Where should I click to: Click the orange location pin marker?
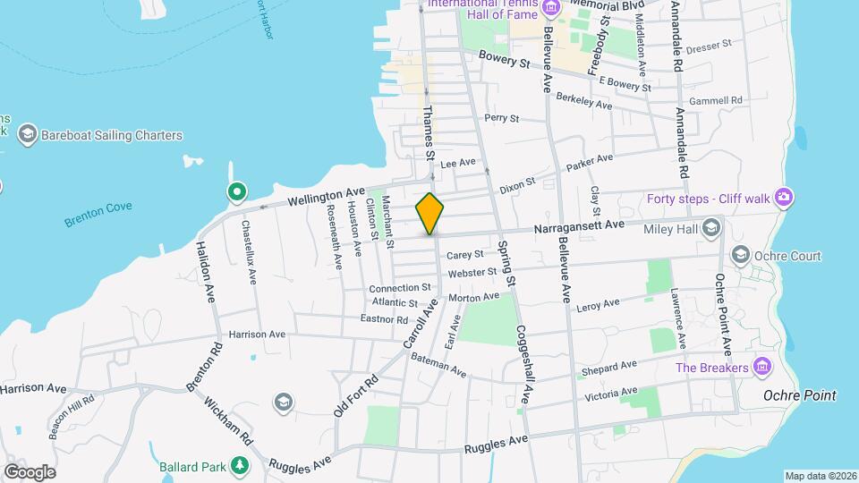pyautogui.click(x=430, y=213)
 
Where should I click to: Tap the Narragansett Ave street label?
pyautogui.click(x=578, y=228)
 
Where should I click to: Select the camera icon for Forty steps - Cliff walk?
pyautogui.click(x=785, y=197)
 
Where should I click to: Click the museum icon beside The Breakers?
pyautogui.click(x=761, y=367)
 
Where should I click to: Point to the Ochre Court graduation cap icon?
pyautogui.click(x=741, y=256)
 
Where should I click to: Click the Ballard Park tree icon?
pyautogui.click(x=239, y=465)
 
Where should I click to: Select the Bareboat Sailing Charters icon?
pyautogui.click(x=27, y=135)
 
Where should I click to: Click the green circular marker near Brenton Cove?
pyautogui.click(x=237, y=191)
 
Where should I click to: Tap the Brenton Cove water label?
pyautogui.click(x=98, y=214)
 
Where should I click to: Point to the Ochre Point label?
pyautogui.click(x=799, y=395)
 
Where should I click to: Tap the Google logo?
pyautogui.click(x=30, y=471)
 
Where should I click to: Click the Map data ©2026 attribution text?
pyautogui.click(x=819, y=476)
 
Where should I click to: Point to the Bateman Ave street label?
pyautogui.click(x=438, y=364)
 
